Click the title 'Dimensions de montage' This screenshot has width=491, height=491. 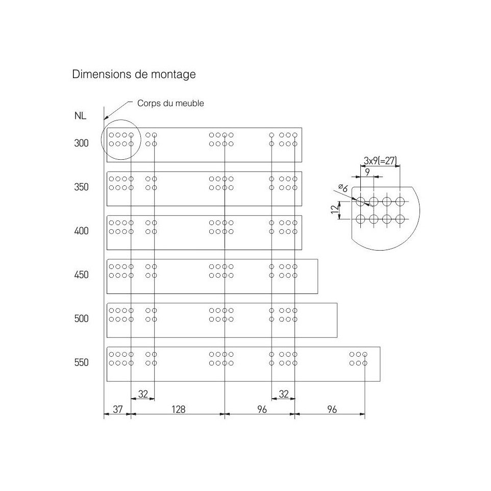pos(134,75)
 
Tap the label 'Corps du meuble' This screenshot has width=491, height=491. pos(170,103)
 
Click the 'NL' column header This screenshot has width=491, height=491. pos(80,116)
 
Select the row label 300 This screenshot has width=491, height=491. pos(82,143)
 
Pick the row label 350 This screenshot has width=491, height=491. pos(82,187)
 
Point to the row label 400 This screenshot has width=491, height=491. pos(82,231)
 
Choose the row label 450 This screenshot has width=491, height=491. pos(82,275)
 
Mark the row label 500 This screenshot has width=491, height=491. pos(82,318)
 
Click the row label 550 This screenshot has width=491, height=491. pos(82,362)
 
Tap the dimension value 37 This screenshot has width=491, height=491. pos(118,409)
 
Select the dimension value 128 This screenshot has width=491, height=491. pos(179,409)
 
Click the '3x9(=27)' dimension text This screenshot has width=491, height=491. pos(380,161)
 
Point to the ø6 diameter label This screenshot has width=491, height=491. pos(343,188)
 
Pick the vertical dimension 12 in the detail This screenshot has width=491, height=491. pos(335,209)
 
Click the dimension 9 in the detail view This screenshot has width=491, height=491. pos(367,172)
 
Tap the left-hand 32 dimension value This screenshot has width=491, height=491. pos(143,394)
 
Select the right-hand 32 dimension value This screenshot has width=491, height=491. pos(283,394)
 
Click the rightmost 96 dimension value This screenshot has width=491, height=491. pos(332,409)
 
